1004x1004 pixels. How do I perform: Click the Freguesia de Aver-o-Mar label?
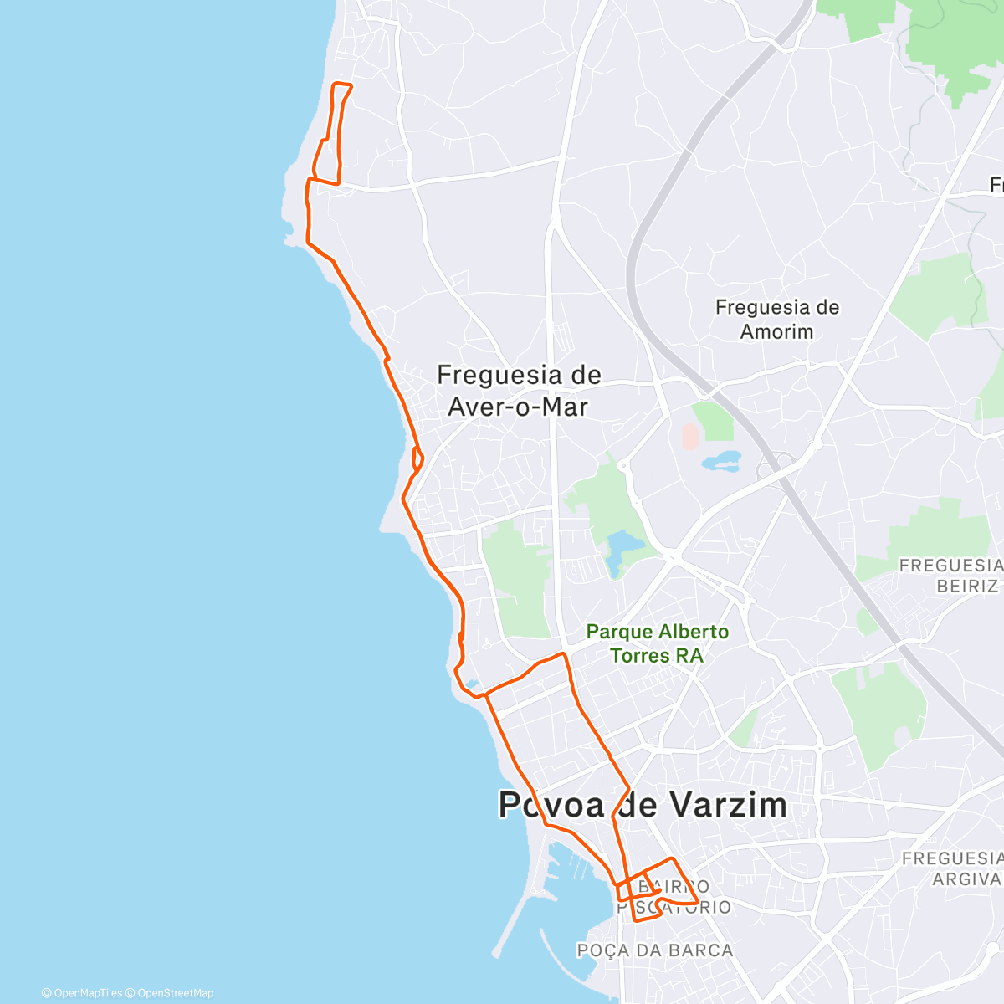pos(519,391)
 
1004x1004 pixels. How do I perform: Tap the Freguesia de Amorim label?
pos(776,320)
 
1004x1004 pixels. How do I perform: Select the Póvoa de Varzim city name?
pos(643,805)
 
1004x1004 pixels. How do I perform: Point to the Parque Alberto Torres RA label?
pos(657,643)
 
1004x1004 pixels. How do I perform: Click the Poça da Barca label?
pos(655,950)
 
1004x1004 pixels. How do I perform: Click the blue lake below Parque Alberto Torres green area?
pos(622,548)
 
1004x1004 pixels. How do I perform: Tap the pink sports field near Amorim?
pos(690,435)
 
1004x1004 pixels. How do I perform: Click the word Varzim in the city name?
pos(726,805)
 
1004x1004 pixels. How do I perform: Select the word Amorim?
pos(776,332)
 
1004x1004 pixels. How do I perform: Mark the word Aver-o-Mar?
pos(519,407)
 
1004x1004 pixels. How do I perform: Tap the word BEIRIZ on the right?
pos(967,586)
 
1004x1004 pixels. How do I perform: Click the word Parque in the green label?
pos(619,632)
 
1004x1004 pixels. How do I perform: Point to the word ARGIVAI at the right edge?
pos(967,878)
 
